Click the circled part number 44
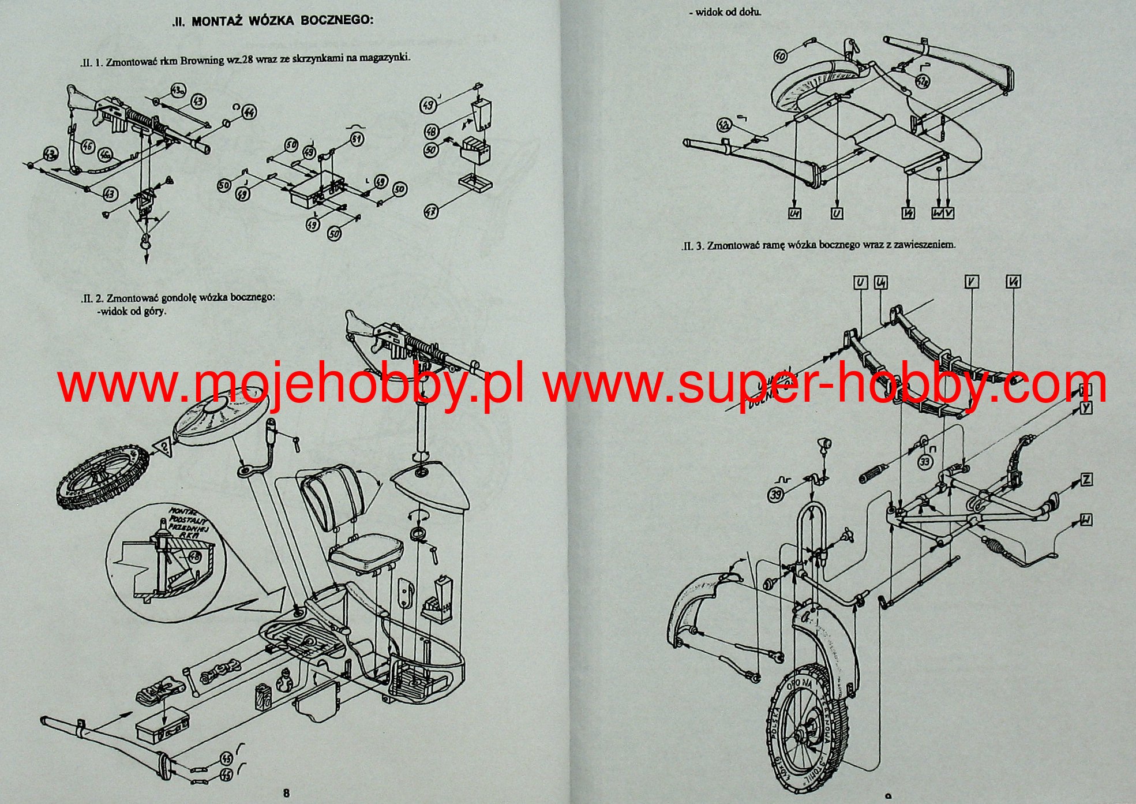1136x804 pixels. [249, 111]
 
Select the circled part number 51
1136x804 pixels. [357, 140]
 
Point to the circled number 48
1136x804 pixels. [431, 132]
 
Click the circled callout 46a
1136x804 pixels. [105, 156]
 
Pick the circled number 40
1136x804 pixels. [781, 56]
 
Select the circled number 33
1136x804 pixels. [925, 462]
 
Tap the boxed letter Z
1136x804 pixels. [1086, 479]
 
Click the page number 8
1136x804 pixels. [287, 792]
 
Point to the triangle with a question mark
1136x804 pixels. [163, 446]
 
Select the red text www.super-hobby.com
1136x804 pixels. [825, 385]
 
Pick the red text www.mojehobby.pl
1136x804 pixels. [291, 385]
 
